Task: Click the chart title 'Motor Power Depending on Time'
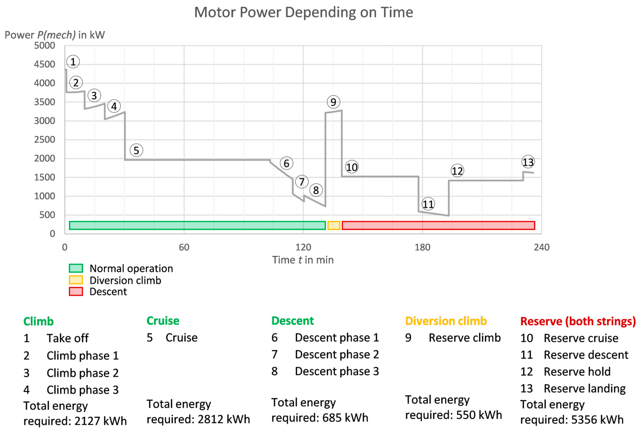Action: (x=304, y=12)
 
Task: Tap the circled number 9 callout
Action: (x=333, y=102)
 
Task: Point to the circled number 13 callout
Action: (x=528, y=162)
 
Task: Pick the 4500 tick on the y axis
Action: (x=44, y=64)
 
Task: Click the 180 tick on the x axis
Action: (x=422, y=247)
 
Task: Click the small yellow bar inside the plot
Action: (x=334, y=225)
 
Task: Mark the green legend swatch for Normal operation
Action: (x=76, y=268)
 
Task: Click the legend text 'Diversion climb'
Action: (x=125, y=280)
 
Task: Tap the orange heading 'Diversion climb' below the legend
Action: (x=446, y=321)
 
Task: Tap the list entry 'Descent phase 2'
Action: (x=337, y=354)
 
